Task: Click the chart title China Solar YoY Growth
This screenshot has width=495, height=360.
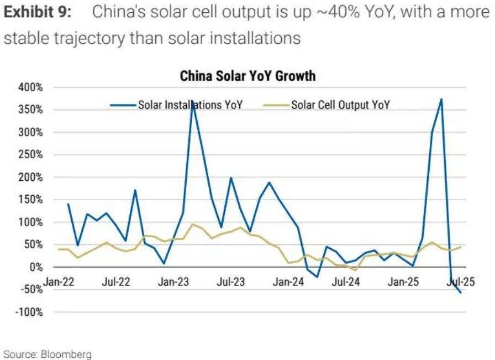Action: coord(247,76)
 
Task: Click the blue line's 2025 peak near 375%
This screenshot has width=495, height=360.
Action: coord(441,100)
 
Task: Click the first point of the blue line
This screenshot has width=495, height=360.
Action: coord(68,204)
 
